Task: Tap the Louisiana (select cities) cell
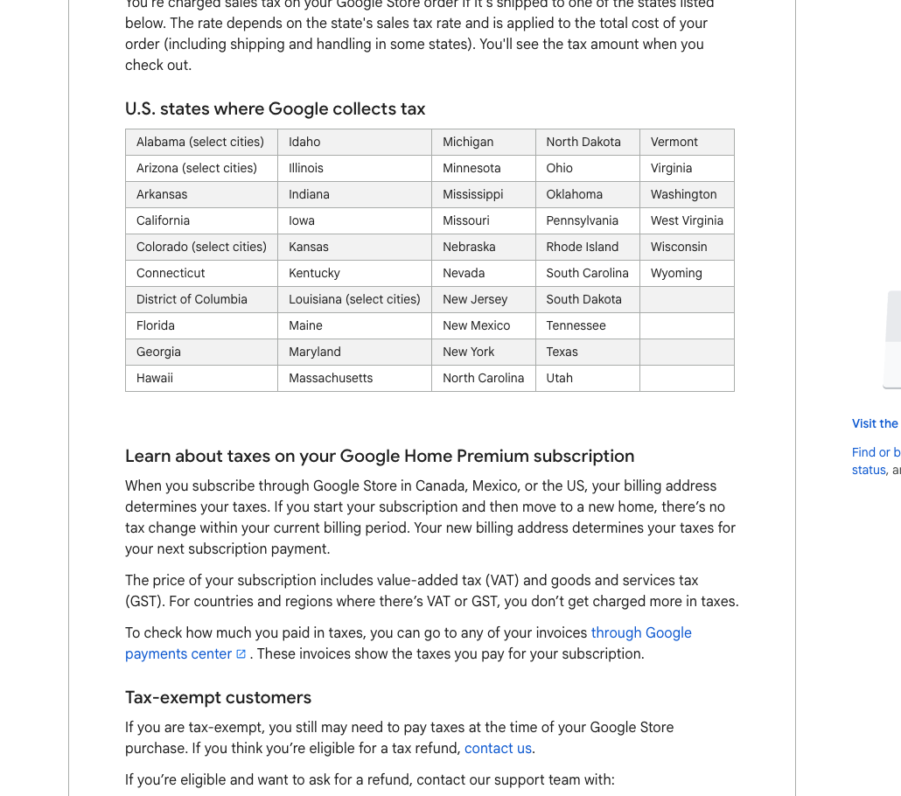click(354, 299)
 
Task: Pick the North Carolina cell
click(483, 378)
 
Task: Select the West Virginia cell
click(687, 220)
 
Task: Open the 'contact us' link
click(498, 748)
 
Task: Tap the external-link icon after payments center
click(241, 653)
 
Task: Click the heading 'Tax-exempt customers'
click(218, 697)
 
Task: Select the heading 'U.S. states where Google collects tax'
click(275, 109)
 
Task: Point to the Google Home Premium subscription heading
click(380, 456)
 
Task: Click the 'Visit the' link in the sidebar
click(875, 423)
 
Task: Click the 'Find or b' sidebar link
click(875, 452)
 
